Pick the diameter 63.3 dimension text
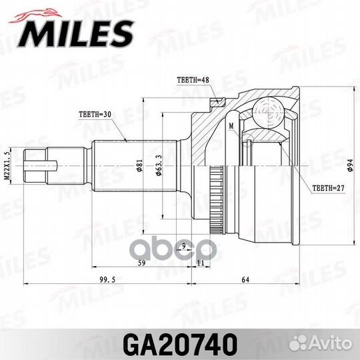pyautogui.click(x=159, y=163)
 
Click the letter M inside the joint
pyautogui.click(x=231, y=125)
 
